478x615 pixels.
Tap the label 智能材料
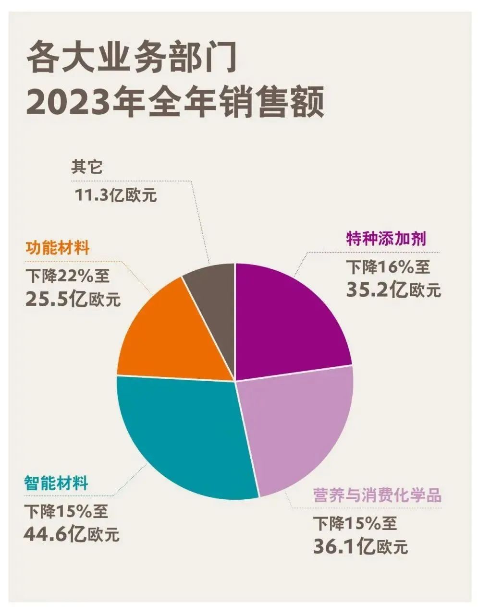pyautogui.click(x=56, y=482)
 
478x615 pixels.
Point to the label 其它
pyautogui.click(x=87, y=167)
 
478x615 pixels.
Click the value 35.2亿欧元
pyautogui.click(x=392, y=288)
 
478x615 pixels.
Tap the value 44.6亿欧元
pyautogui.click(x=71, y=534)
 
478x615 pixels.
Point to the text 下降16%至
pyautogui.click(x=388, y=265)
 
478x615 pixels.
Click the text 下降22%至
pyautogui.click(x=67, y=276)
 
